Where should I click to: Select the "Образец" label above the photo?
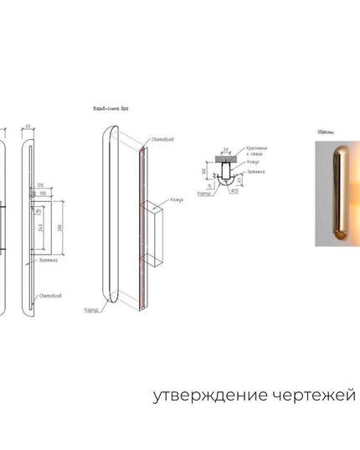[x=326, y=132]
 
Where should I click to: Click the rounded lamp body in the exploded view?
[x=111, y=214]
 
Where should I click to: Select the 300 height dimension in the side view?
[x=61, y=228]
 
